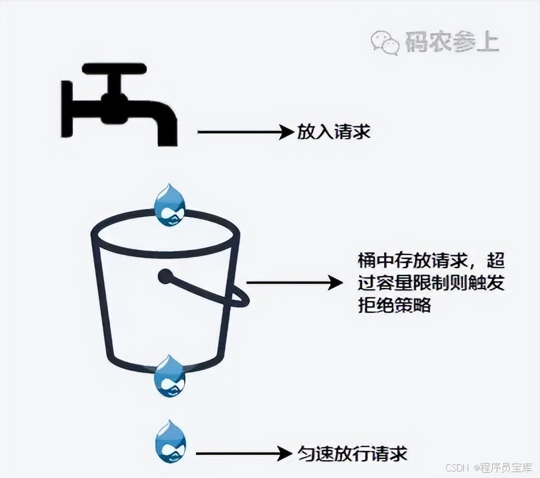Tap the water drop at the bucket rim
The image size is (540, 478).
point(169,204)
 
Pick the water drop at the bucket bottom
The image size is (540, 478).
point(170,375)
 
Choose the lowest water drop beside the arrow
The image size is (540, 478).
point(170,441)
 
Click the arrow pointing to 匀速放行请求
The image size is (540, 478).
point(244,453)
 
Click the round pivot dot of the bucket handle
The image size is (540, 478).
point(165,276)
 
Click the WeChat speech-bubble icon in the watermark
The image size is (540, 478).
point(385,42)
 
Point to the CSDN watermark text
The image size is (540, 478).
point(456,467)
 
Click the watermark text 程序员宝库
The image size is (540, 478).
point(509,467)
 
